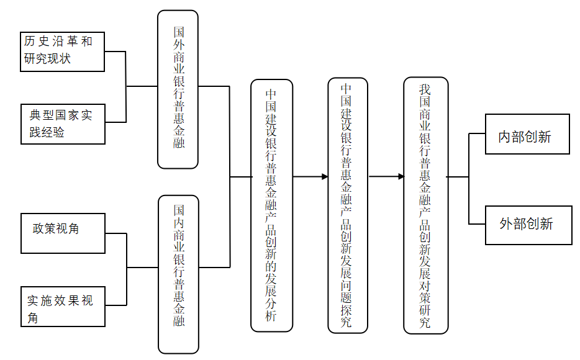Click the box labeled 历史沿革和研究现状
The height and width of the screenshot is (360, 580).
tap(62, 52)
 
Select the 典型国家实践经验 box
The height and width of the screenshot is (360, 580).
tap(62, 124)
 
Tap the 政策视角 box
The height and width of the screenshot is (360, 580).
tap(62, 233)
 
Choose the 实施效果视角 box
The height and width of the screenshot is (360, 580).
tap(62, 307)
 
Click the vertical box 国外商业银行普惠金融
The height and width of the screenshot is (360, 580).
tap(178, 89)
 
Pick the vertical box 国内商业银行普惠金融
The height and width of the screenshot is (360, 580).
tap(179, 274)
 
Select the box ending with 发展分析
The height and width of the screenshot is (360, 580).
tap(271, 205)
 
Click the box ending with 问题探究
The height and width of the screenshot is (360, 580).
tap(348, 205)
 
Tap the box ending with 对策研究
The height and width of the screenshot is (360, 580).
tap(425, 205)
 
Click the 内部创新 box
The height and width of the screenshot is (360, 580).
tap(527, 134)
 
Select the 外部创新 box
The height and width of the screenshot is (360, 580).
tap(528, 224)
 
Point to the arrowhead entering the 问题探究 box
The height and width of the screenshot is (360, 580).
tap(325, 177)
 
